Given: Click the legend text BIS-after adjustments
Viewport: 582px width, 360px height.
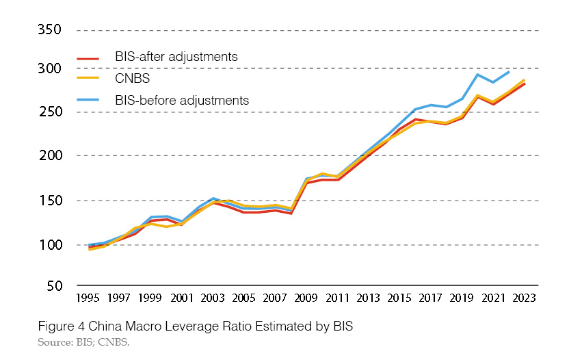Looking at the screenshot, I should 176,57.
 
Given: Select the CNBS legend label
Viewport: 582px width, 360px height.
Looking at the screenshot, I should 133,79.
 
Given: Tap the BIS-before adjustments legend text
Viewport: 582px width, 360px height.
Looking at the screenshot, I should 181,100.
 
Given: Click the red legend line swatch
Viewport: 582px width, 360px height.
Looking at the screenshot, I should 89,58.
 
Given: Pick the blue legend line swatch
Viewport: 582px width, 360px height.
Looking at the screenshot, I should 89,101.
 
